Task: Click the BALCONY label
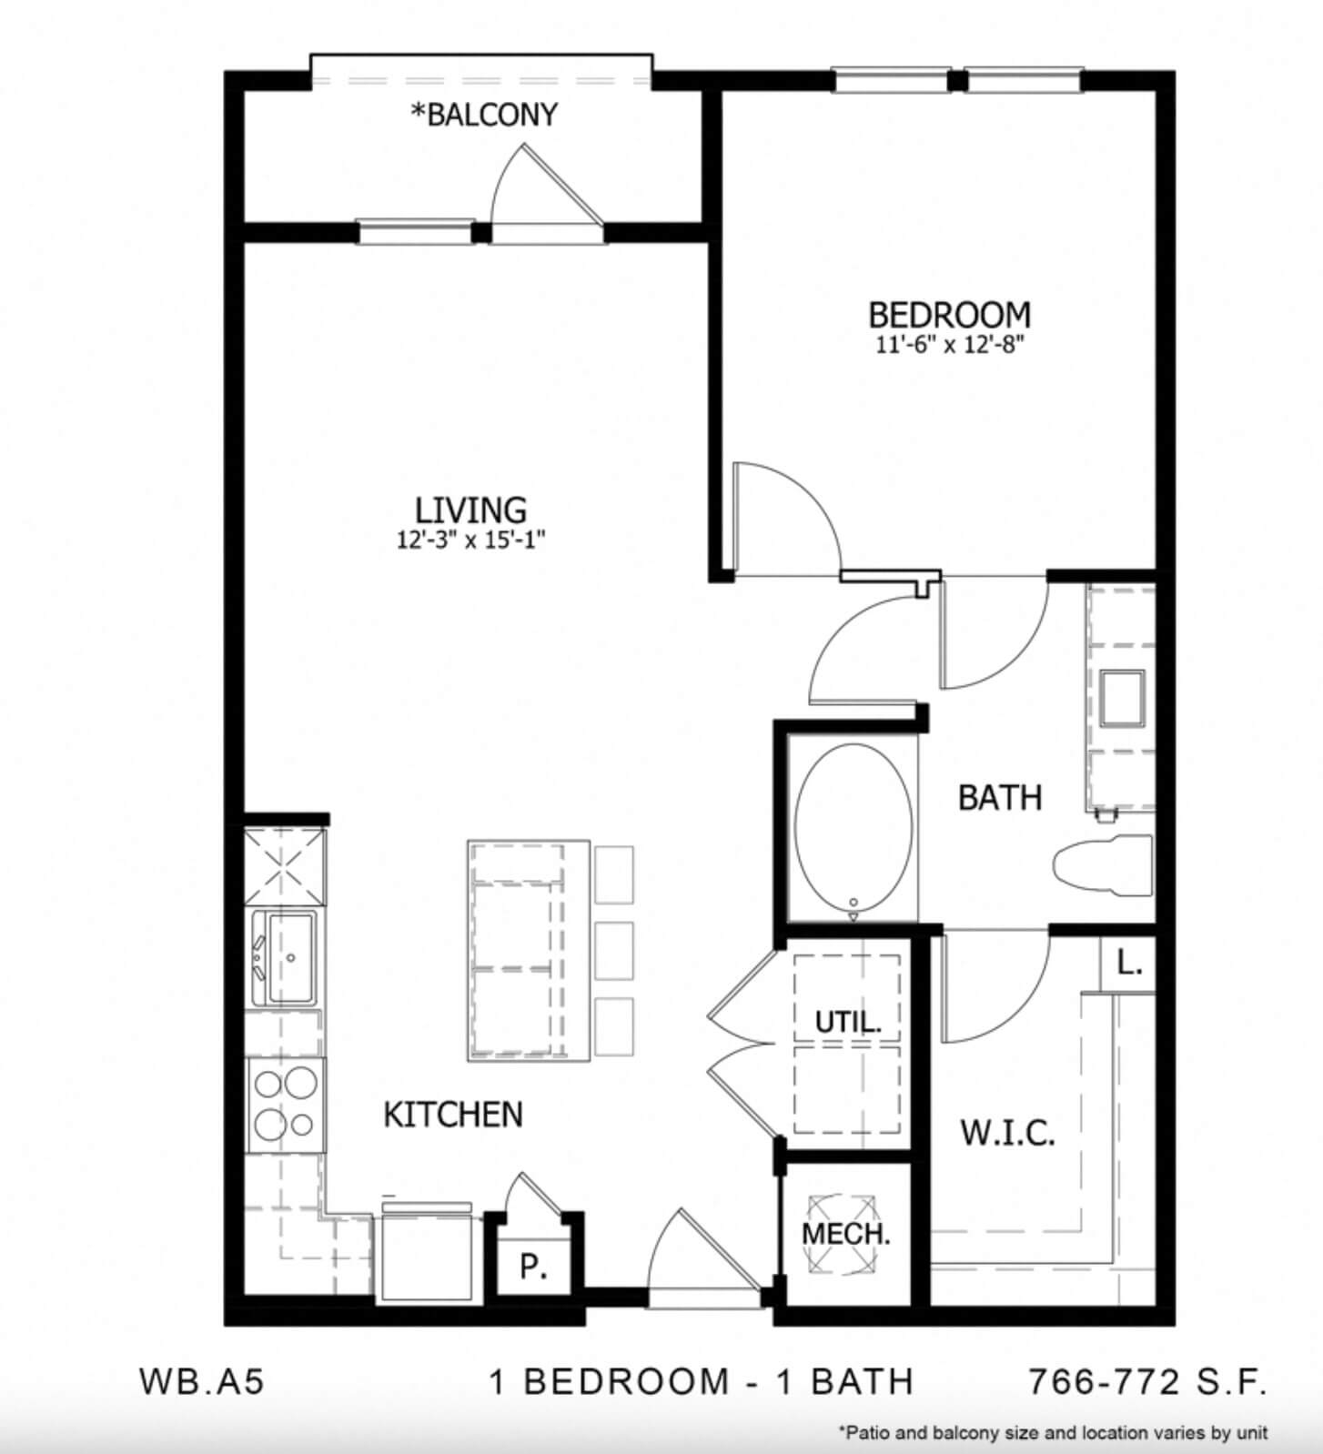coord(484,114)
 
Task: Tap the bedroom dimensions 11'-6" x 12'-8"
coord(950,344)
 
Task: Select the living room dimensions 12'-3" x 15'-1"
coord(470,540)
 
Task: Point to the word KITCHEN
coord(453,1114)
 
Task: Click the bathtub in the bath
coord(853,826)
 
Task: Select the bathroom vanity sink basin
coord(1122,698)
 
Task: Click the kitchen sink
coord(283,957)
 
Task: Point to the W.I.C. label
coord(1008,1133)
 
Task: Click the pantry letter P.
coord(531,1267)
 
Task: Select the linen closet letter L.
coord(1129,963)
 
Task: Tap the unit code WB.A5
coord(202,1381)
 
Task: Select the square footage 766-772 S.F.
coord(1147,1381)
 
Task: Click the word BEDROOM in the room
coord(950,314)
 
